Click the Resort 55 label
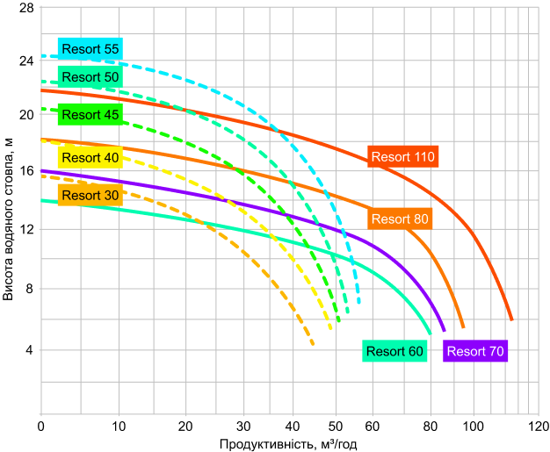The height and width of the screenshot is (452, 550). (90, 49)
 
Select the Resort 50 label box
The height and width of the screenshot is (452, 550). (90, 77)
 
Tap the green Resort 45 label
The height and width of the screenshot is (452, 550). (90, 115)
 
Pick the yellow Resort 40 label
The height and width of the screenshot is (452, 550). (90, 158)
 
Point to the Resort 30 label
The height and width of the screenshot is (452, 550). (90, 196)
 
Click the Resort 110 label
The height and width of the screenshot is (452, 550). (402, 157)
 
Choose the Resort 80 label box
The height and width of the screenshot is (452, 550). (400, 219)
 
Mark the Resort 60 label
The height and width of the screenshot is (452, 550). (394, 352)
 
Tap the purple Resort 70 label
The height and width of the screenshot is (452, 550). (475, 352)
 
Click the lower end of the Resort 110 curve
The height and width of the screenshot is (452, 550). (511, 319)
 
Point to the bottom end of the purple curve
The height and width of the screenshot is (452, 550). (445, 331)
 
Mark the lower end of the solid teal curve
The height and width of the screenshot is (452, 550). (431, 334)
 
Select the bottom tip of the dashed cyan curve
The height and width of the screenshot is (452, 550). (359, 304)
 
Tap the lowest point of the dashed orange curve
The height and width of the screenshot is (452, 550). (314, 345)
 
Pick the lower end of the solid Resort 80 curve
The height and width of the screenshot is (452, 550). (463, 327)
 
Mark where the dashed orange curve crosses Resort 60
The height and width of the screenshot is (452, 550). (213, 226)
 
